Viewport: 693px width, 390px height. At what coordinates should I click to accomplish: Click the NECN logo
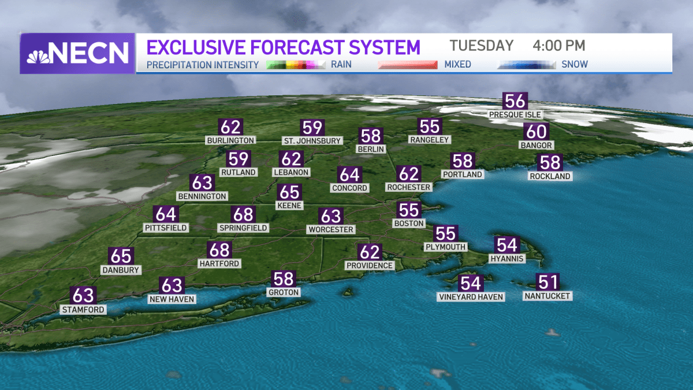[77, 54]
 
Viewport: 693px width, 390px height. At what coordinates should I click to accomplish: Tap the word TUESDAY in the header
[482, 46]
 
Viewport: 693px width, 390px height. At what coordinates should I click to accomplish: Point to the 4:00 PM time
[558, 46]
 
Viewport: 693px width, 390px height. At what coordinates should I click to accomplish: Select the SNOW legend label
[575, 65]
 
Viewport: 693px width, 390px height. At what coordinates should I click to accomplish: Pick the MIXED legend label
[457, 65]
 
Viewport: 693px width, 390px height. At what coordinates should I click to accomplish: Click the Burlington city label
[230, 140]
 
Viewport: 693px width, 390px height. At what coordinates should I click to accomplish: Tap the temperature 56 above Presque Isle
[515, 101]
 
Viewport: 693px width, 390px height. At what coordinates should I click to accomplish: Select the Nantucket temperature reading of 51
[547, 282]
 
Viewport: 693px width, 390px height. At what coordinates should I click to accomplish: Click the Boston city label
[409, 224]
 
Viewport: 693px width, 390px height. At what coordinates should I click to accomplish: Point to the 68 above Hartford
[219, 250]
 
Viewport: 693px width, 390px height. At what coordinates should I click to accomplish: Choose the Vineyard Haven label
[471, 297]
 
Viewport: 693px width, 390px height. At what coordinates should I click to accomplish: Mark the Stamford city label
[84, 310]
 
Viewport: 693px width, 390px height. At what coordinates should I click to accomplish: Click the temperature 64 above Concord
[349, 174]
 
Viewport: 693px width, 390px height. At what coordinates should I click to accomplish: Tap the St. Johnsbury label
[312, 140]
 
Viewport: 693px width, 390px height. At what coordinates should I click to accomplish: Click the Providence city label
[370, 266]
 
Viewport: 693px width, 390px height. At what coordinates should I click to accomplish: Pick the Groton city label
[284, 292]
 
